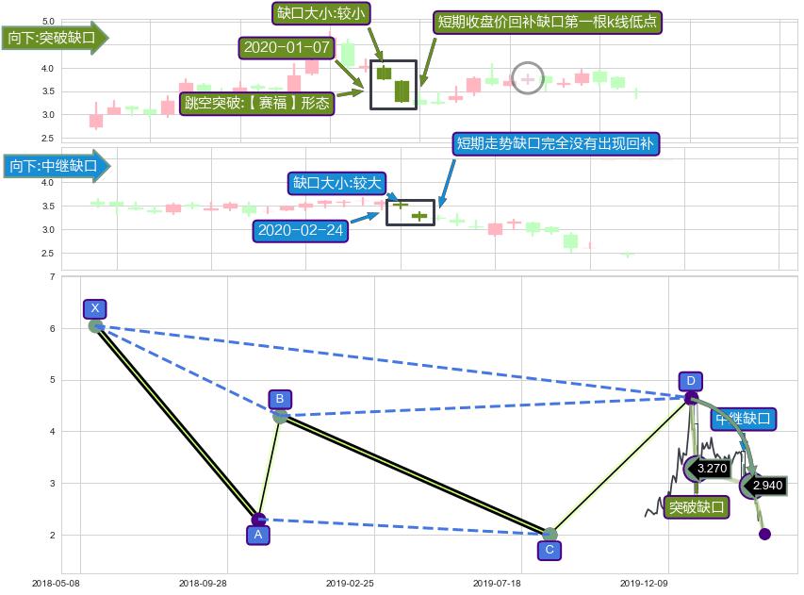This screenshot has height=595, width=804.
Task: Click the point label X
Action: point(94,308)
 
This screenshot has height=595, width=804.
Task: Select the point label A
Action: point(256,535)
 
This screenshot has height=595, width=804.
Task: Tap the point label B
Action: point(280,399)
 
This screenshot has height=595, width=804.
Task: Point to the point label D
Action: point(691,381)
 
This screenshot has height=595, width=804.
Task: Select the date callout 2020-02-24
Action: point(300,231)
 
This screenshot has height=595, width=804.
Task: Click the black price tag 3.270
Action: point(712,467)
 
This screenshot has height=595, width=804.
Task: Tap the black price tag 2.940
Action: point(768,486)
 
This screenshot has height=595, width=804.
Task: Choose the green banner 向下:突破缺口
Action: point(55,39)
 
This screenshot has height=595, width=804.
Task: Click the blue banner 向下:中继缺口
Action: point(55,167)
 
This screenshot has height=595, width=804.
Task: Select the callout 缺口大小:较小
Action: point(320,13)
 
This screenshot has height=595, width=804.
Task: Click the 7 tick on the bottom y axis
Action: point(52,277)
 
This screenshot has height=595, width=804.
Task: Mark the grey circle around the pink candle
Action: point(528,78)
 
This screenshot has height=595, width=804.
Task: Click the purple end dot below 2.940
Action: point(764,534)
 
